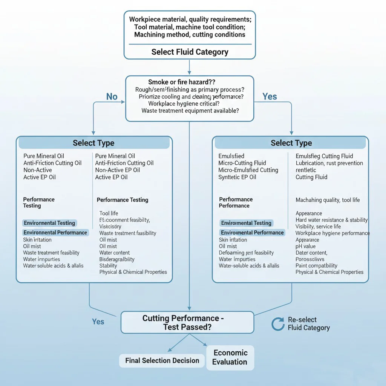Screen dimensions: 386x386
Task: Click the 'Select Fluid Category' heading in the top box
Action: click(190, 52)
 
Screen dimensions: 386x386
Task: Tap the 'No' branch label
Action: click(112, 97)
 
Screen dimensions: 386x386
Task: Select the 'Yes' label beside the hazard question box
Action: click(270, 97)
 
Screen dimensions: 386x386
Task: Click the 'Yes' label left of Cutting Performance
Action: click(98, 322)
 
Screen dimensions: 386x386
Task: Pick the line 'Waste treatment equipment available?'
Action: click(190, 111)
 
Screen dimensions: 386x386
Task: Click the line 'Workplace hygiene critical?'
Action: click(184, 104)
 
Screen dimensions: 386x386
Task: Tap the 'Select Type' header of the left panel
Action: click(93, 143)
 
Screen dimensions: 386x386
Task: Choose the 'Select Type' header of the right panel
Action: click(291, 143)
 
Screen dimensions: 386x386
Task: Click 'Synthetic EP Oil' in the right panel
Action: click(237, 177)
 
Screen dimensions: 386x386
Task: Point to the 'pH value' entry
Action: click(306, 246)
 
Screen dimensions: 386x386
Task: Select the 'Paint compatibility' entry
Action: click(316, 265)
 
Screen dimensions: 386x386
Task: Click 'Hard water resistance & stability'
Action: click(331, 220)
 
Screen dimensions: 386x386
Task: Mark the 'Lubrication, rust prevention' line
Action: click(329, 163)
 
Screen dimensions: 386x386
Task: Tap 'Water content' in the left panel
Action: click(115, 253)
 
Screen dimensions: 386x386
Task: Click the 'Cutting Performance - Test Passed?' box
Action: click(187, 323)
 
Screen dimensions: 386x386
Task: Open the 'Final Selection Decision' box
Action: click(162, 361)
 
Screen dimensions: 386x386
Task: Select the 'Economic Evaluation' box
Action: click(230, 357)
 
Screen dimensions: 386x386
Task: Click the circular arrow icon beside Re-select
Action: click(278, 324)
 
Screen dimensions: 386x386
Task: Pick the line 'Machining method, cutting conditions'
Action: click(190, 35)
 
